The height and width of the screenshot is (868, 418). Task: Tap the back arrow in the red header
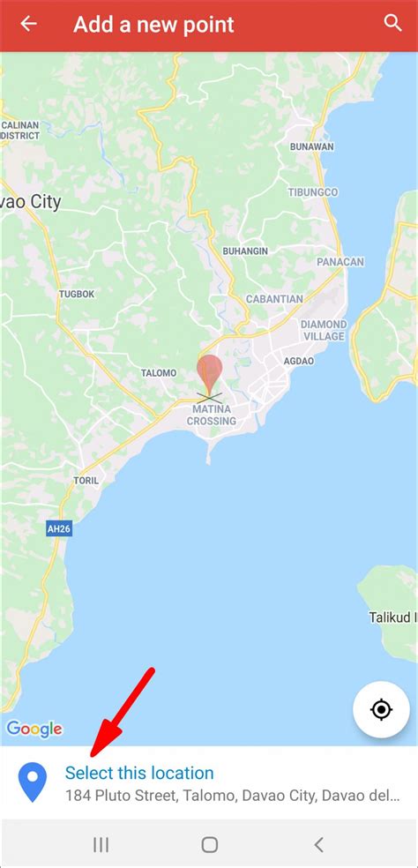pyautogui.click(x=28, y=24)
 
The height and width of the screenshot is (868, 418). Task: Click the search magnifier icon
pyautogui.click(x=392, y=24)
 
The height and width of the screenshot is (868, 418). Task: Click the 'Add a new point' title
pyautogui.click(x=153, y=25)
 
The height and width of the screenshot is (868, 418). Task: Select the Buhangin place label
pyautogui.click(x=244, y=251)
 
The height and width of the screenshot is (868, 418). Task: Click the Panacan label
pyautogui.click(x=340, y=262)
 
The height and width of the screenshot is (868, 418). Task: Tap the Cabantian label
pyautogui.click(x=274, y=299)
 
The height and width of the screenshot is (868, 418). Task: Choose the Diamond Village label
pyautogui.click(x=323, y=330)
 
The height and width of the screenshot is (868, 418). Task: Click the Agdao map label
pyautogui.click(x=298, y=361)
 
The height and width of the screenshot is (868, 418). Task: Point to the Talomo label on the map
pyautogui.click(x=159, y=373)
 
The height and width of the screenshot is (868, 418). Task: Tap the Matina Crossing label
pyautogui.click(x=211, y=415)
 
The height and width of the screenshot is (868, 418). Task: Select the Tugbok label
pyautogui.click(x=76, y=294)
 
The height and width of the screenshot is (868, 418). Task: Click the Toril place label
pyautogui.click(x=86, y=481)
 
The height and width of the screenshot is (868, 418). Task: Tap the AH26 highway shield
pyautogui.click(x=58, y=528)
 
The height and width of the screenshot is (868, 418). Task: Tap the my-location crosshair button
pyautogui.click(x=380, y=709)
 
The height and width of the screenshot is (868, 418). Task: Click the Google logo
pyautogui.click(x=34, y=729)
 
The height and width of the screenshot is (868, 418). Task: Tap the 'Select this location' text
pyautogui.click(x=139, y=773)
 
